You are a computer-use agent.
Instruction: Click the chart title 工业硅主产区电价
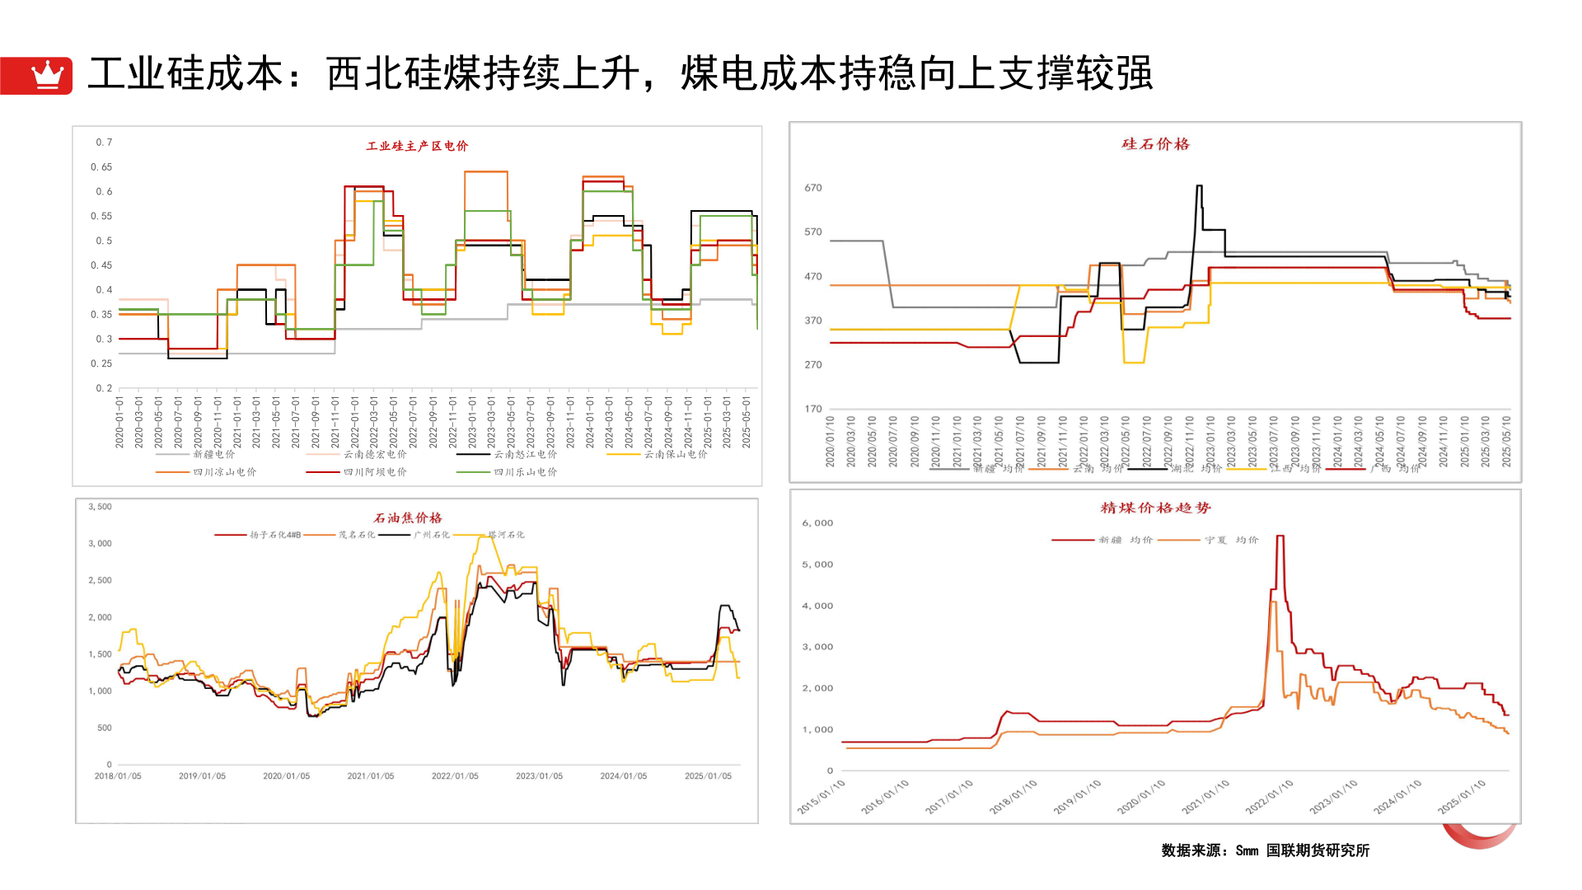point(417,146)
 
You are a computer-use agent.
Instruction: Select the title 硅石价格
point(1155,144)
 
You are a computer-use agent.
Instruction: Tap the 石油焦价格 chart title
point(408,518)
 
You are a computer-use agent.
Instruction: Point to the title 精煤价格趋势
point(1155,508)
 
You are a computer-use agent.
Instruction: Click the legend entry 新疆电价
point(213,454)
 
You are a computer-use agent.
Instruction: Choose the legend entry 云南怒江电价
point(525,454)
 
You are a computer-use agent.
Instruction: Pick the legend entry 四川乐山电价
point(525,472)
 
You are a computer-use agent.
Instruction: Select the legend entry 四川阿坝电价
point(375,472)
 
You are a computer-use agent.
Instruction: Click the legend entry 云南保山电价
point(675,454)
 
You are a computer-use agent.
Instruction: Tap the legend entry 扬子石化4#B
point(275,535)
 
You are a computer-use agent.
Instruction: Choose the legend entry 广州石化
point(431,535)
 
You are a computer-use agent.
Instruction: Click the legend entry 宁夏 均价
point(1231,540)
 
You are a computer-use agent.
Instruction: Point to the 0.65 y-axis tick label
point(101,167)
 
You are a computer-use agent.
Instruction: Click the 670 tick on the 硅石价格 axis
point(813,188)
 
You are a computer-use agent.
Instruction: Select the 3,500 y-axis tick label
point(100,507)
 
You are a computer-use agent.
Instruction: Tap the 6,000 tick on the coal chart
point(817,523)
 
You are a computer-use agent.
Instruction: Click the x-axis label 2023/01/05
point(539,776)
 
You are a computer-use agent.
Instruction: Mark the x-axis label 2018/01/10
point(1013,797)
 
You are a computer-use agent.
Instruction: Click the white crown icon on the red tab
point(47,75)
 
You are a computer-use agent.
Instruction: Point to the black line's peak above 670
point(1199,186)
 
